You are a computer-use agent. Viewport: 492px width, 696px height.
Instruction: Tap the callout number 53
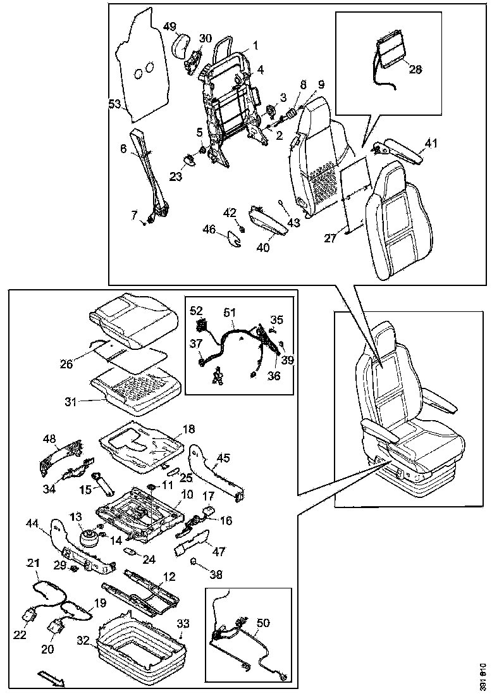(114, 104)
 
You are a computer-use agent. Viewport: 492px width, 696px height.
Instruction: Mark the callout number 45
(223, 457)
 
